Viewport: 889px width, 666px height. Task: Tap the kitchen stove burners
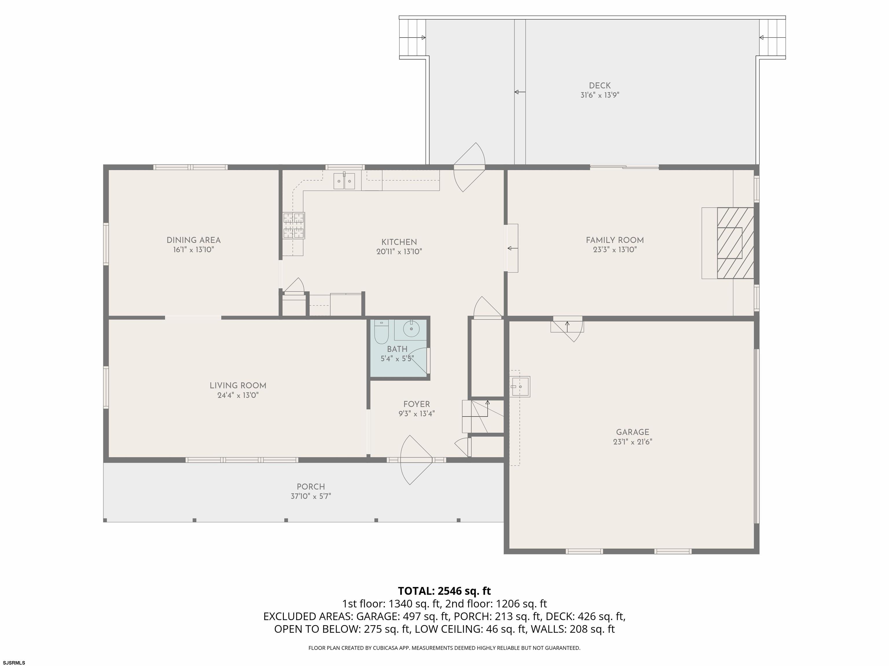pos(293,225)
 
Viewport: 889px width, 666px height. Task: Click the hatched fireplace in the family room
pos(735,243)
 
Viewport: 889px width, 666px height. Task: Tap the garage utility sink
pos(520,386)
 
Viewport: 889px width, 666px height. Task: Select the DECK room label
pos(600,86)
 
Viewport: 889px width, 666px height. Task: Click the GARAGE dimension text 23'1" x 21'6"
pos(633,442)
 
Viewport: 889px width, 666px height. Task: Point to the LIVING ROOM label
pos(238,385)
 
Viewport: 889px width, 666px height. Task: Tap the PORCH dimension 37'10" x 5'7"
pos(311,496)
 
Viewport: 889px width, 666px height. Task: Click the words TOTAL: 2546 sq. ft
pos(444,591)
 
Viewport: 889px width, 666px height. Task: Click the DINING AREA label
pos(194,240)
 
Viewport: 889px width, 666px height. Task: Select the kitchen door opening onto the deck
pos(469,167)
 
